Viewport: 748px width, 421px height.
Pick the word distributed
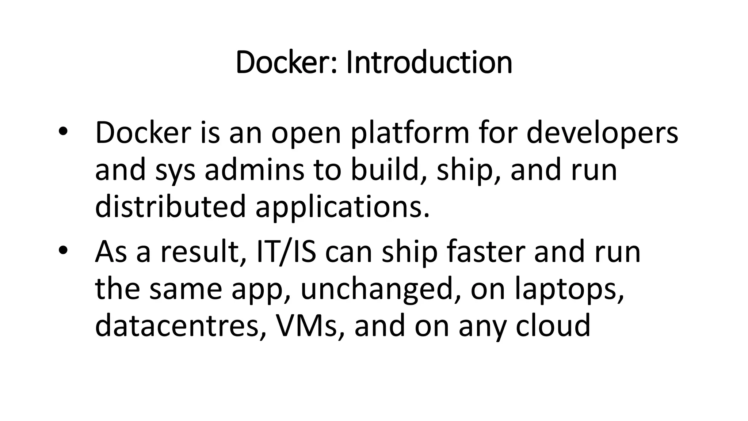tap(170, 206)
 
